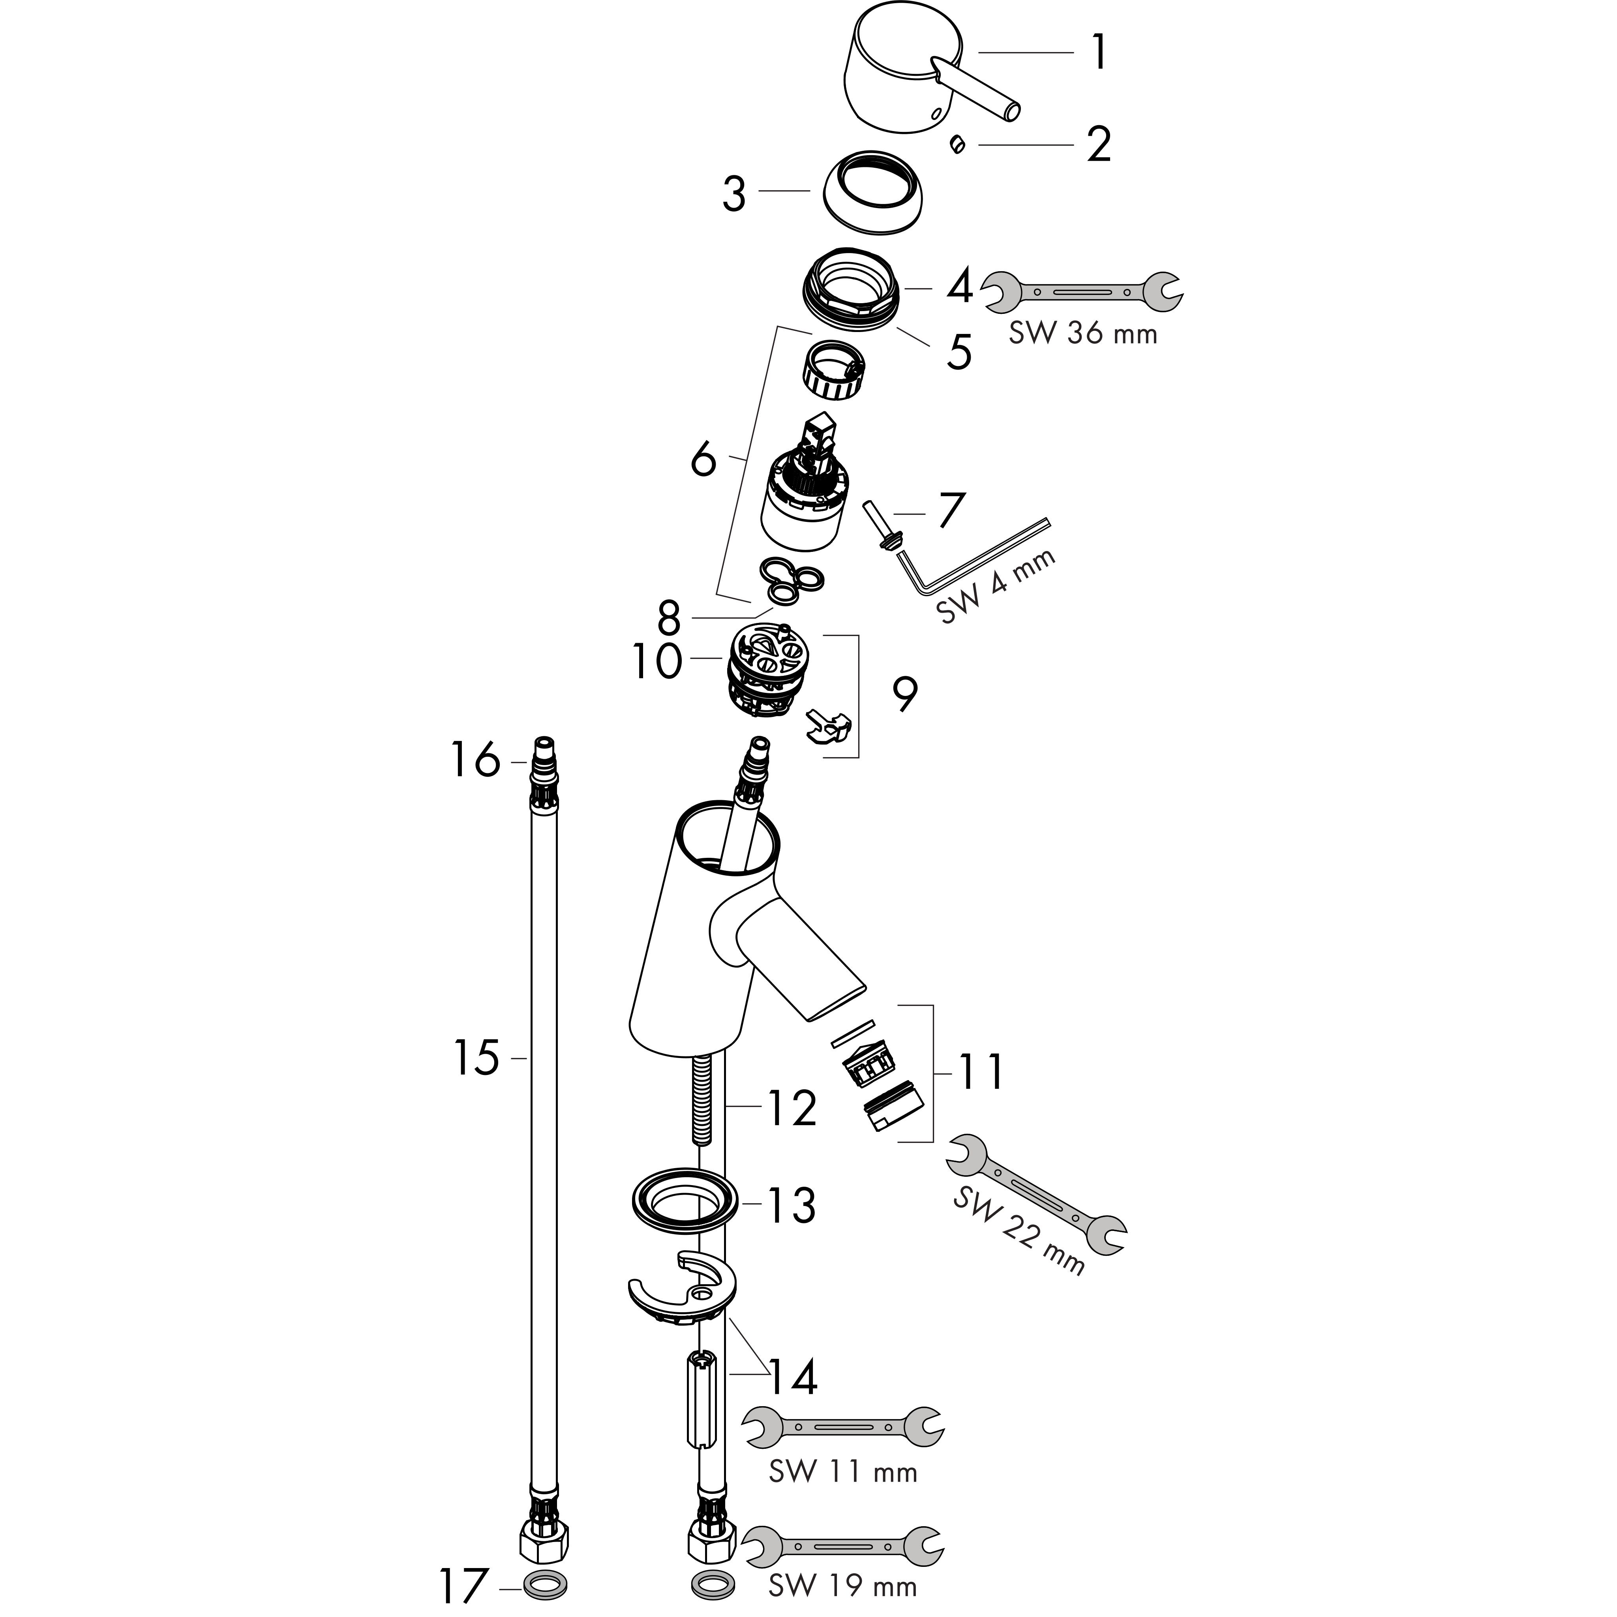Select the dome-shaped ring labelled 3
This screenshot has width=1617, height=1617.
tap(870, 193)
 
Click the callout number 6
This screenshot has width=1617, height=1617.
tap(703, 460)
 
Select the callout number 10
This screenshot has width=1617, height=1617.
tap(657, 662)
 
